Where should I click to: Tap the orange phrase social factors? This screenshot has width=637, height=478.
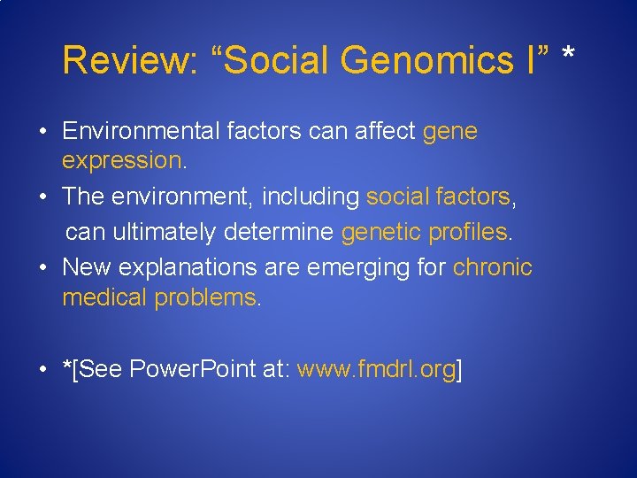pyautogui.click(x=438, y=197)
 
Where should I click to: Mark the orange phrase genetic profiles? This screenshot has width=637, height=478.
pyautogui.click(x=424, y=233)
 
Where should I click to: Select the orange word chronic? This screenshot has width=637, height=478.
pyautogui.click(x=492, y=267)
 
